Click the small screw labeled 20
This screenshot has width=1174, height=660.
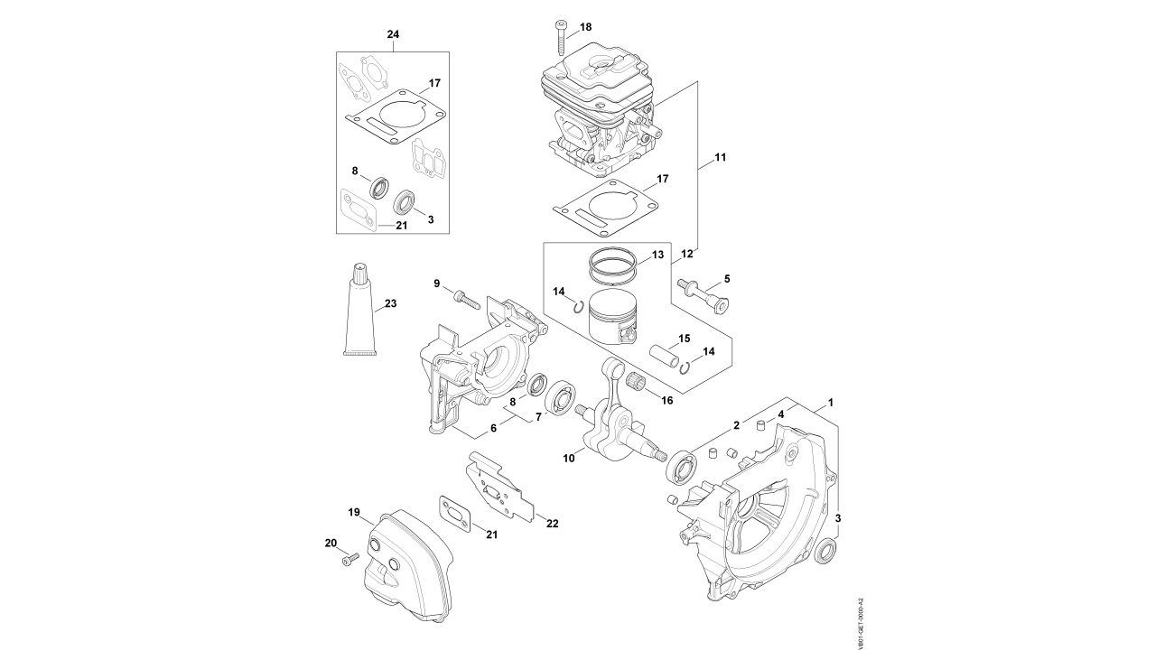pyautogui.click(x=348, y=560)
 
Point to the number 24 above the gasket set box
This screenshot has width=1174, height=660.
pyautogui.click(x=393, y=34)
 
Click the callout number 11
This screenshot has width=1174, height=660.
pyautogui.click(x=720, y=158)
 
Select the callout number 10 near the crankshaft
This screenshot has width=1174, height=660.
pyautogui.click(x=569, y=459)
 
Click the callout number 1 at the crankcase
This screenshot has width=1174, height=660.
pyautogui.click(x=830, y=401)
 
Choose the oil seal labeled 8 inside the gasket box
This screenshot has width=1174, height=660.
pyautogui.click(x=377, y=188)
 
